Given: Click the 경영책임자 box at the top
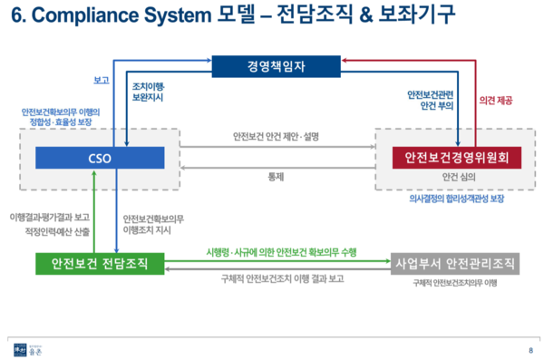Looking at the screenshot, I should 270,65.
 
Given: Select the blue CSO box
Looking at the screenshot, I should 100,158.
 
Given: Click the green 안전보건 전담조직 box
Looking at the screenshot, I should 101,264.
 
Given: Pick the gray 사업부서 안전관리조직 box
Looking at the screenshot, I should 455,265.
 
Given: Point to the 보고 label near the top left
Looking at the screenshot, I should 102,80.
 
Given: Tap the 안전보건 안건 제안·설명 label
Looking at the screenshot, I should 277,138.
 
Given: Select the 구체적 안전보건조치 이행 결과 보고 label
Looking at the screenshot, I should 276,278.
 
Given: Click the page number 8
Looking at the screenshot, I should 530,350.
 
